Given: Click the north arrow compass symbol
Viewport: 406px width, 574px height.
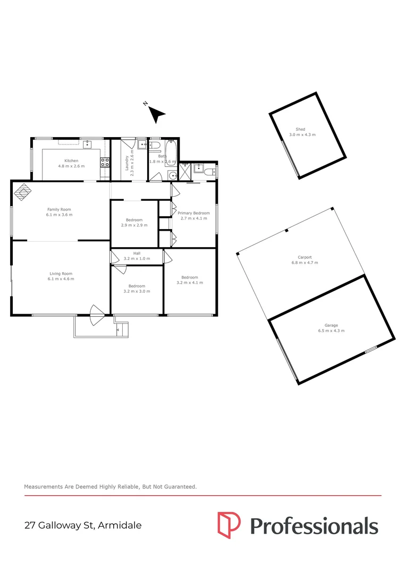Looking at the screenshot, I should point(156,113).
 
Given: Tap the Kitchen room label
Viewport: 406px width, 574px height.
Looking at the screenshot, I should point(71,161).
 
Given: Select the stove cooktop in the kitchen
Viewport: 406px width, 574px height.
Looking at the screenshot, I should point(105,163).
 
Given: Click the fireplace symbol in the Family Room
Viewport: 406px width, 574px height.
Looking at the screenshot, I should point(22,192).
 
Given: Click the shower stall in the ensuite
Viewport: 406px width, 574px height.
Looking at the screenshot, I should point(185,171).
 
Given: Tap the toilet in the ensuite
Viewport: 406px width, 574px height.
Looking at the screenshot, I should point(210,171).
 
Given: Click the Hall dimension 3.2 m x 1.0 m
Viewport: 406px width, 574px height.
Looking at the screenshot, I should point(137,259).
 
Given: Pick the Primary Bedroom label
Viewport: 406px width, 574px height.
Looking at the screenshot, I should point(193,213).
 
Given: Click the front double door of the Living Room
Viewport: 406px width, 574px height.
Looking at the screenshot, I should point(96,316).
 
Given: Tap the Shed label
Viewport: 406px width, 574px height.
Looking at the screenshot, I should point(301,129).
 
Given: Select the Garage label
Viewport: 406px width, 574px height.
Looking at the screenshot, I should point(331,325).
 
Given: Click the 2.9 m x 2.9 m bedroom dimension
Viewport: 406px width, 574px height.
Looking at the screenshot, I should point(134,225).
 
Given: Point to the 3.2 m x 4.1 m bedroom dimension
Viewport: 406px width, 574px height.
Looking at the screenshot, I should point(190,283).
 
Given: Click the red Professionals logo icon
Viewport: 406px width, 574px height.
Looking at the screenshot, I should point(229,525).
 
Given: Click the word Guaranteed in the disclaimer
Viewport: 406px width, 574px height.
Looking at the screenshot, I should point(179,486).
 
